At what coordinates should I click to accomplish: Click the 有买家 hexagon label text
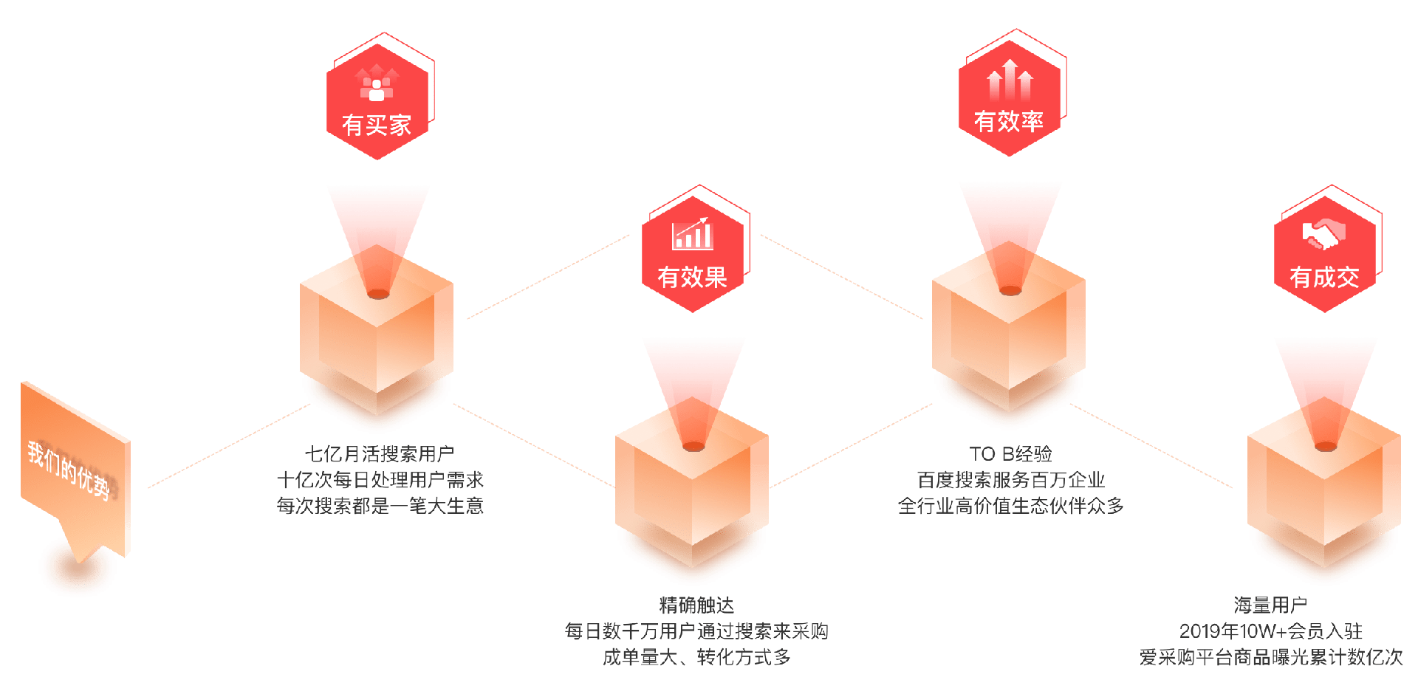[377, 125]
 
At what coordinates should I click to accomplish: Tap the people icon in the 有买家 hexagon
[377, 84]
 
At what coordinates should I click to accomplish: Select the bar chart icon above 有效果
[692, 234]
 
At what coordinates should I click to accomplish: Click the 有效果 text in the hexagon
[692, 277]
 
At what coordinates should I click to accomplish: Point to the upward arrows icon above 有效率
[1010, 80]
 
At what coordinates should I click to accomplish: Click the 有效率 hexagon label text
[1009, 121]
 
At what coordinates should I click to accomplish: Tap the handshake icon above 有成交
[1323, 235]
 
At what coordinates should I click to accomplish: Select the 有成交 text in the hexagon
[1324, 277]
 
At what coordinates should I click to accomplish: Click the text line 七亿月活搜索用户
[380, 453]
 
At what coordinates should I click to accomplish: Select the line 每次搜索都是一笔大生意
[380, 506]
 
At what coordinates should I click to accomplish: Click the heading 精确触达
[696, 605]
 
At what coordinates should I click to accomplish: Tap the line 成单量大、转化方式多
[696, 657]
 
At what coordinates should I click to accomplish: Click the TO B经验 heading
[1010, 453]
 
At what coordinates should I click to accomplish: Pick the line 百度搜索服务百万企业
[1010, 480]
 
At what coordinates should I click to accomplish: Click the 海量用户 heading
[1270, 605]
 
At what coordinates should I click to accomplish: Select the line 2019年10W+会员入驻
[1270, 631]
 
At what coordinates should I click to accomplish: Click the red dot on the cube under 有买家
[378, 294]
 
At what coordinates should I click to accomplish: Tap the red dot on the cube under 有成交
[1326, 447]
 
